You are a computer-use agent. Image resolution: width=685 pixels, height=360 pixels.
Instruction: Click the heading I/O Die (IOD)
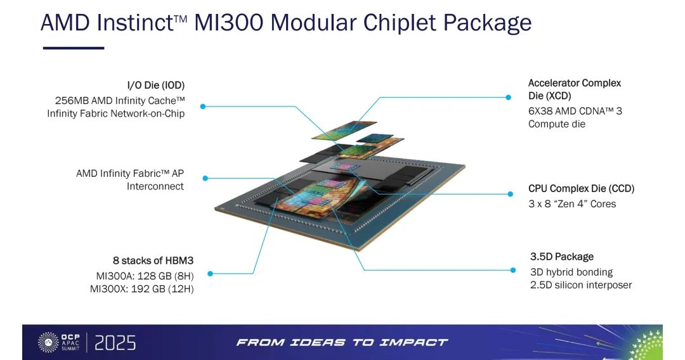coord(156,85)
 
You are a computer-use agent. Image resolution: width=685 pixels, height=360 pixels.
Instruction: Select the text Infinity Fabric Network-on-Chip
coord(116,113)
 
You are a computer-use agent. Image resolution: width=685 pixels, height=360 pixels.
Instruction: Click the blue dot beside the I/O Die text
coord(203,106)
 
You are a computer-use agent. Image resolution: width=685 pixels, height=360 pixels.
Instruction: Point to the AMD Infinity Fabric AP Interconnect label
coord(130,180)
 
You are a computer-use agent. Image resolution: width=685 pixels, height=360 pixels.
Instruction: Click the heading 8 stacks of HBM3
coord(153,260)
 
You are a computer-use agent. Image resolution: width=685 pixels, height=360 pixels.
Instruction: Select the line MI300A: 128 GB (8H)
coord(145,276)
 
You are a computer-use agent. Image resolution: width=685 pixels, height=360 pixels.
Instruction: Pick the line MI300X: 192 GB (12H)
coord(141,289)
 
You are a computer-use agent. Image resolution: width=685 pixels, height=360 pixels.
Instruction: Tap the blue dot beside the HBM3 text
coord(210,274)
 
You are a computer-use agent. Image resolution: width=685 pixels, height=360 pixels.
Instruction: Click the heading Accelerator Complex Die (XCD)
coord(575,89)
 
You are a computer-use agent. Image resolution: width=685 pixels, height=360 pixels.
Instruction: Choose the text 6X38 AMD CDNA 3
coord(575,111)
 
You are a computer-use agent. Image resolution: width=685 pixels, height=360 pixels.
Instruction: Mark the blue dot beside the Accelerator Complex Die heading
coord(508,98)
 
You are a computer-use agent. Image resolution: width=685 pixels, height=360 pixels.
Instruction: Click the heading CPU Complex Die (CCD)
coord(581,188)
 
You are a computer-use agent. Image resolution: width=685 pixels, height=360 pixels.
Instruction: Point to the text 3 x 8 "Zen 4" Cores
coord(572,204)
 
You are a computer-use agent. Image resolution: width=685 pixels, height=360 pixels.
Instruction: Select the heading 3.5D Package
coord(562,257)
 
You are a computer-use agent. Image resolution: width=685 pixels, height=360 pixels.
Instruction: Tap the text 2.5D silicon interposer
coord(581,285)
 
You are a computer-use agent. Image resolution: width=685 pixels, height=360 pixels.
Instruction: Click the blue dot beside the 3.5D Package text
coord(513,270)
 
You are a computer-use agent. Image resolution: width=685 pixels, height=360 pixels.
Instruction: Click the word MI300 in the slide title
coord(229,23)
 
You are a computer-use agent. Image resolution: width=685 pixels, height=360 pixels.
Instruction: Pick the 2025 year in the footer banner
coord(115,343)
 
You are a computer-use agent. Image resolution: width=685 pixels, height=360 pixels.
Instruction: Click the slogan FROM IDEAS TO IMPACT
coord(342,342)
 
